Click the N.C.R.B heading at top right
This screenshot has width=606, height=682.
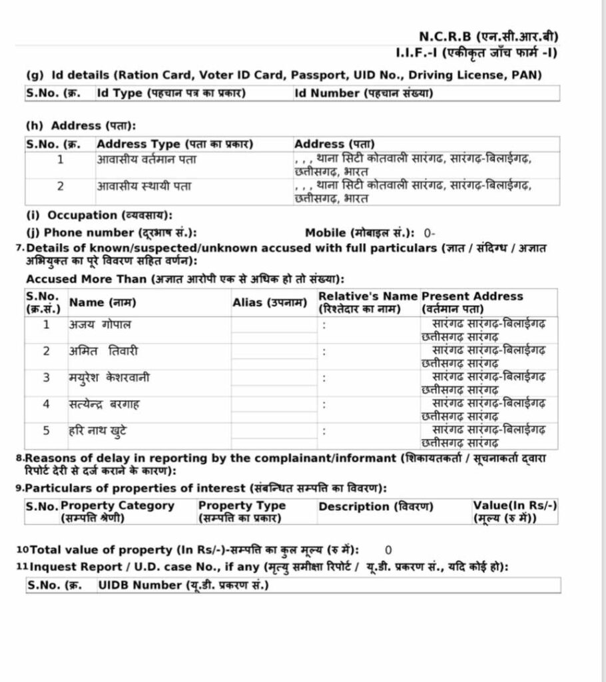488,36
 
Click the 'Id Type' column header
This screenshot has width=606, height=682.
171,93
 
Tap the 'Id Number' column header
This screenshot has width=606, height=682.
363,93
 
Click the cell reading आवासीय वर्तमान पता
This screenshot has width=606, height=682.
147,160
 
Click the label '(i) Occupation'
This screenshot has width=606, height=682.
99,215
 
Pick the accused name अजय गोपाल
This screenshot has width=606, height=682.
100,325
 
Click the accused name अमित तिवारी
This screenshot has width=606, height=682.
103,351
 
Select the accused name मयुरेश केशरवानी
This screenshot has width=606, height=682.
109,378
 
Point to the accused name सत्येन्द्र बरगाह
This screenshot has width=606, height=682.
104,404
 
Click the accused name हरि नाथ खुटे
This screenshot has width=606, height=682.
98,430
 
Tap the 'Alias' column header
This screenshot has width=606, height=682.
270,302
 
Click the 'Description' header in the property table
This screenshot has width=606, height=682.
376,507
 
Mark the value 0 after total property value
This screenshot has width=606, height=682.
388,550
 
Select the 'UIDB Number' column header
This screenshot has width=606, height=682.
183,585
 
